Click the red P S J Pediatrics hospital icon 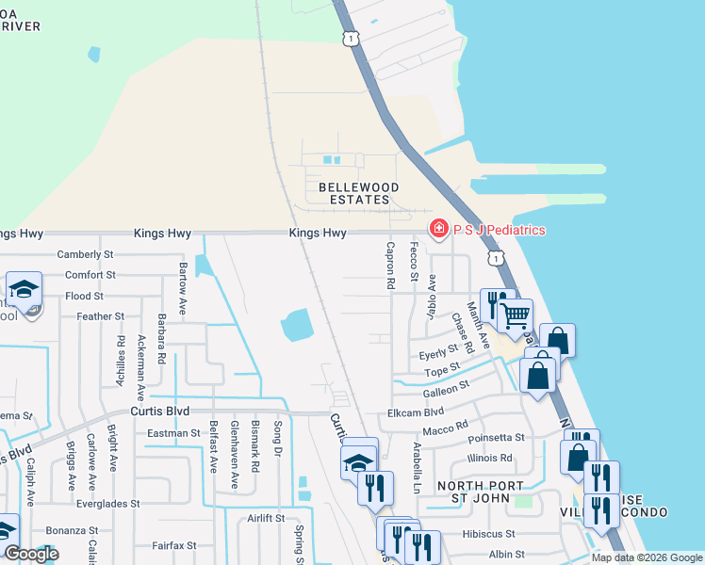click(438, 229)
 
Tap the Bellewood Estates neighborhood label click(358, 194)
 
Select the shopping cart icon click(515, 316)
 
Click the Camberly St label click(85, 254)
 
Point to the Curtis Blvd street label click(159, 412)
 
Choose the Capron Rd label click(388, 265)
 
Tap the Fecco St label click(413, 262)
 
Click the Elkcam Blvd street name click(416, 412)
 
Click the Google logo click(31, 554)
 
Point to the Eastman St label click(174, 433)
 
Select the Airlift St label click(265, 518)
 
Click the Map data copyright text click(647, 557)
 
